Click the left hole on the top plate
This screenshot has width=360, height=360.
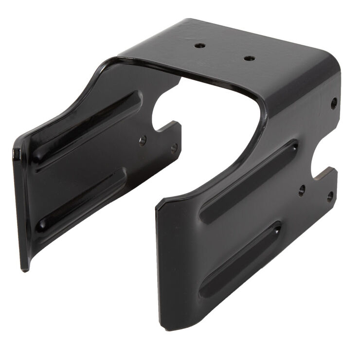(200, 45)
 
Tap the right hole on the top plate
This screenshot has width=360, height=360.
(249, 58)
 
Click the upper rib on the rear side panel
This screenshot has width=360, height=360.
(88, 127)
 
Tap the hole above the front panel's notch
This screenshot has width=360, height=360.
(334, 103)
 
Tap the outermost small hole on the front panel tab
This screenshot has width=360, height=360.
(330, 197)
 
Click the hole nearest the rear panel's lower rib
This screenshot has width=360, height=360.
(143, 141)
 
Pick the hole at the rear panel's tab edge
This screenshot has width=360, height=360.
(174, 147)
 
